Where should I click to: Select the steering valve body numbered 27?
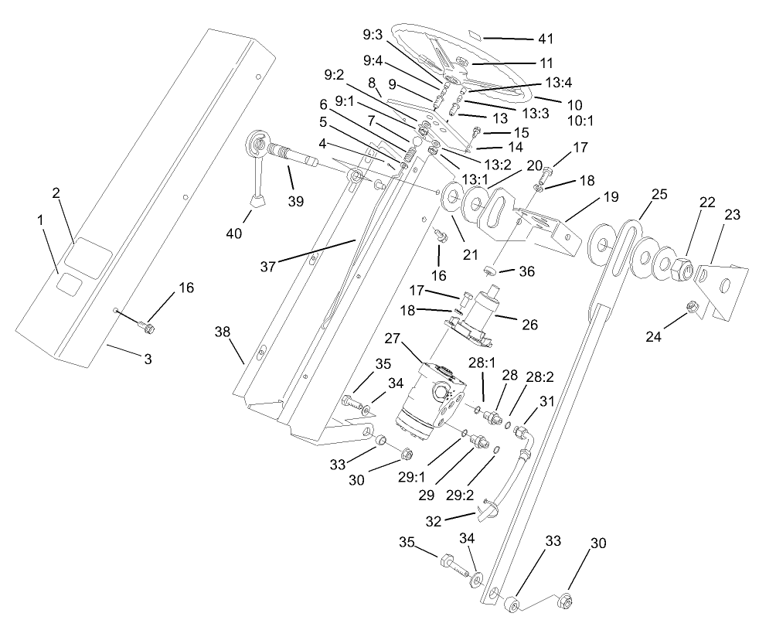433,397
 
